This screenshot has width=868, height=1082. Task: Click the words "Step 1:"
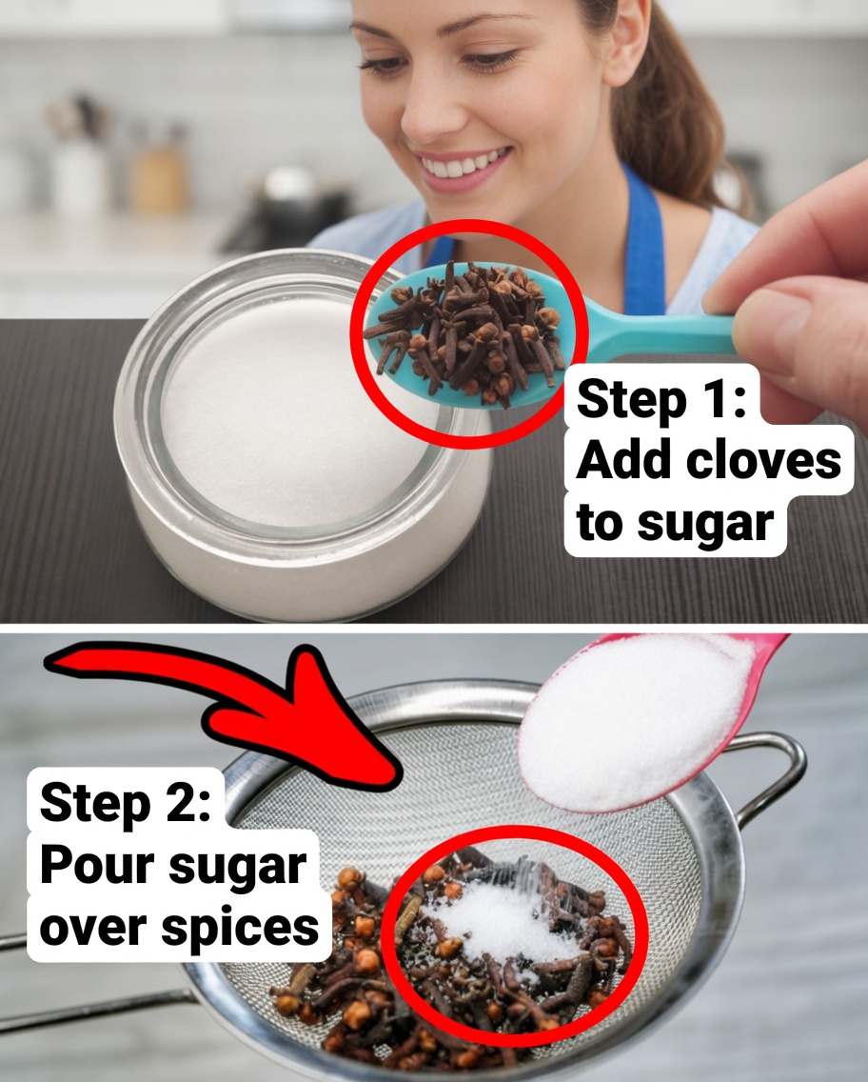tap(661, 401)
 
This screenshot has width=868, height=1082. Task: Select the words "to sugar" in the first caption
tap(675, 523)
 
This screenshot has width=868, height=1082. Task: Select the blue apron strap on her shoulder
tap(643, 238)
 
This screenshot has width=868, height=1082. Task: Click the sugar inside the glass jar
tap(286, 410)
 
